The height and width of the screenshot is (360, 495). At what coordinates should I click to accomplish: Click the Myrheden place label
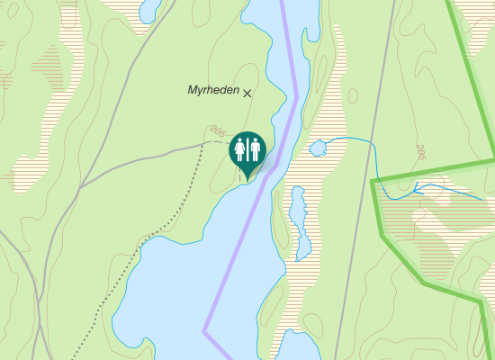pyautogui.click(x=212, y=90)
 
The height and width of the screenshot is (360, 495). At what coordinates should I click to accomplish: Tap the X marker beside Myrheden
pyautogui.click(x=247, y=93)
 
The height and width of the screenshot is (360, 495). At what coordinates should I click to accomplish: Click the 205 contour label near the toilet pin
pyautogui.click(x=215, y=132)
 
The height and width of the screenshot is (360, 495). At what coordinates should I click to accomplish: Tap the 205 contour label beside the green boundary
pyautogui.click(x=420, y=152)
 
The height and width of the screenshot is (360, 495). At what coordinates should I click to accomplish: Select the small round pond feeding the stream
pyautogui.click(x=318, y=148)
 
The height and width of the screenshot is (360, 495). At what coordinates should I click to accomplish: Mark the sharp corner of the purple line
pyautogui.click(x=204, y=331)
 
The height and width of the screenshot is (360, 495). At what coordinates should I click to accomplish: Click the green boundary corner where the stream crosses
pyautogui.click(x=373, y=181)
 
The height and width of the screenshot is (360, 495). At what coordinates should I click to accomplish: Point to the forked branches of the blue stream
pyautogui.click(x=416, y=189)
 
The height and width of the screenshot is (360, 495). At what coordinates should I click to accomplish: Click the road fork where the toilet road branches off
pyautogui.click(x=82, y=185)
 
